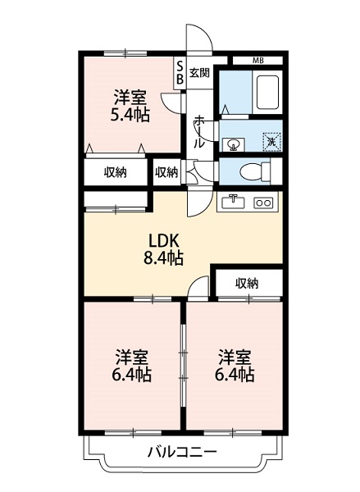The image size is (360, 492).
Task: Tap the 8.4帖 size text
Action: coord(163,257)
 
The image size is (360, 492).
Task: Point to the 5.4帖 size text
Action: coord(130,115)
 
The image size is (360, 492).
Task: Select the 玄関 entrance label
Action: coord(199,72)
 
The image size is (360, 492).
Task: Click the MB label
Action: coord(258,61)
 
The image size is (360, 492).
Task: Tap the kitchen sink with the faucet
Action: coord(234,202)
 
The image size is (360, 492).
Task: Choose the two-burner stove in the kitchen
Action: coord(264,203)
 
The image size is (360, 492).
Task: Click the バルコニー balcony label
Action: coord(182,452)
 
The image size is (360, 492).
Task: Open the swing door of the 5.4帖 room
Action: coord(170,102)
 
